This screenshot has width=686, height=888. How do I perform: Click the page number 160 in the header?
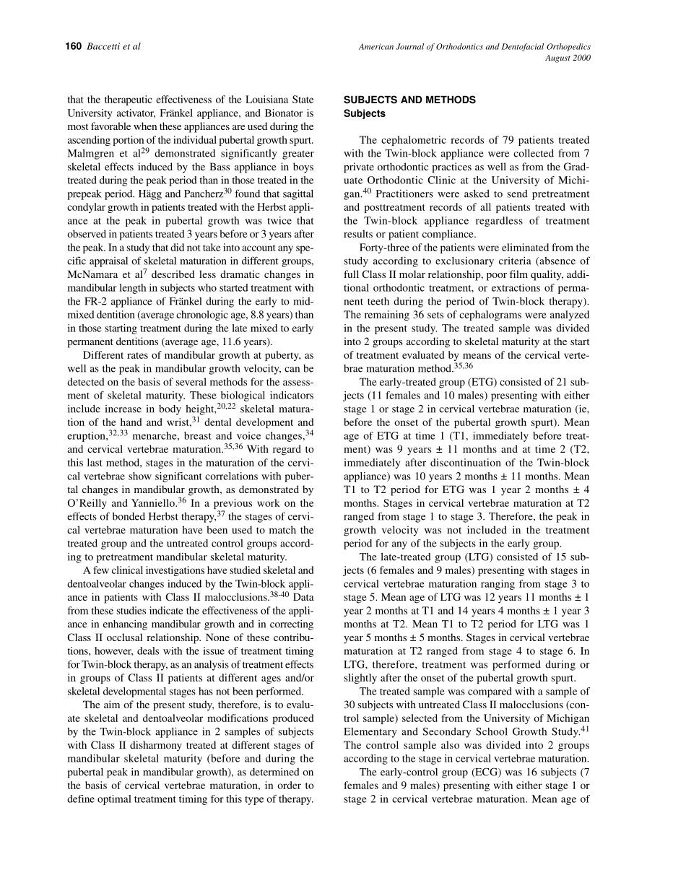click(73, 47)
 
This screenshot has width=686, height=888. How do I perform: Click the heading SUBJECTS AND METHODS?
click(409, 100)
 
